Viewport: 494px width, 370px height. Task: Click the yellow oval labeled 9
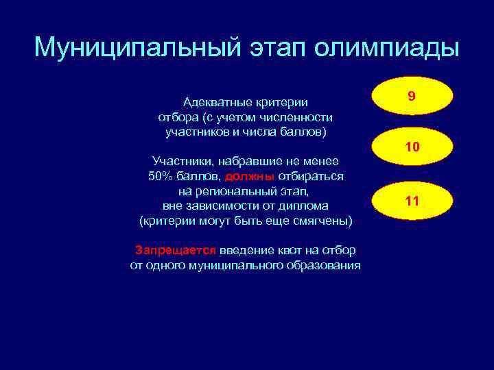(x=412, y=97)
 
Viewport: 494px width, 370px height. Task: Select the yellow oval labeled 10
(x=412, y=148)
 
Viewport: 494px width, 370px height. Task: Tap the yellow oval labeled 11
(x=412, y=201)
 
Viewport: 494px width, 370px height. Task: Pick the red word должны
(x=250, y=176)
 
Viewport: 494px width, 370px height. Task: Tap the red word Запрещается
(x=176, y=250)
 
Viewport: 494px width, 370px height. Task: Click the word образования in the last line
(x=327, y=265)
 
